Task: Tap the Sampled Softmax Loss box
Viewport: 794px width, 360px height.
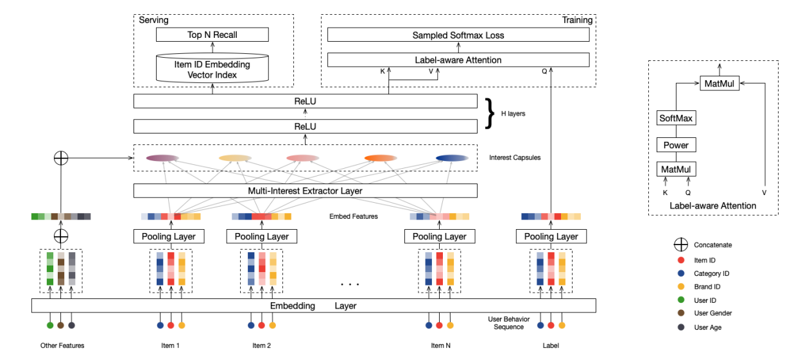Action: click(458, 35)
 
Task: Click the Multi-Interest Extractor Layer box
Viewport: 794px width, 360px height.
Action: click(306, 191)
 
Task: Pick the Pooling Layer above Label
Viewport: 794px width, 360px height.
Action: click(550, 237)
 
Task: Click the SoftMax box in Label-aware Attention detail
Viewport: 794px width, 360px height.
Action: click(677, 119)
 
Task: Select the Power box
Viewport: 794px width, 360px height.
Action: click(677, 145)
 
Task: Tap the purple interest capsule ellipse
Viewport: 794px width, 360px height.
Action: click(163, 159)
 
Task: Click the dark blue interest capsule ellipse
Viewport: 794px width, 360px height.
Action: click(452, 159)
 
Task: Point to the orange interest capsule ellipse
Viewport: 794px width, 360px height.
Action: click(380, 159)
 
